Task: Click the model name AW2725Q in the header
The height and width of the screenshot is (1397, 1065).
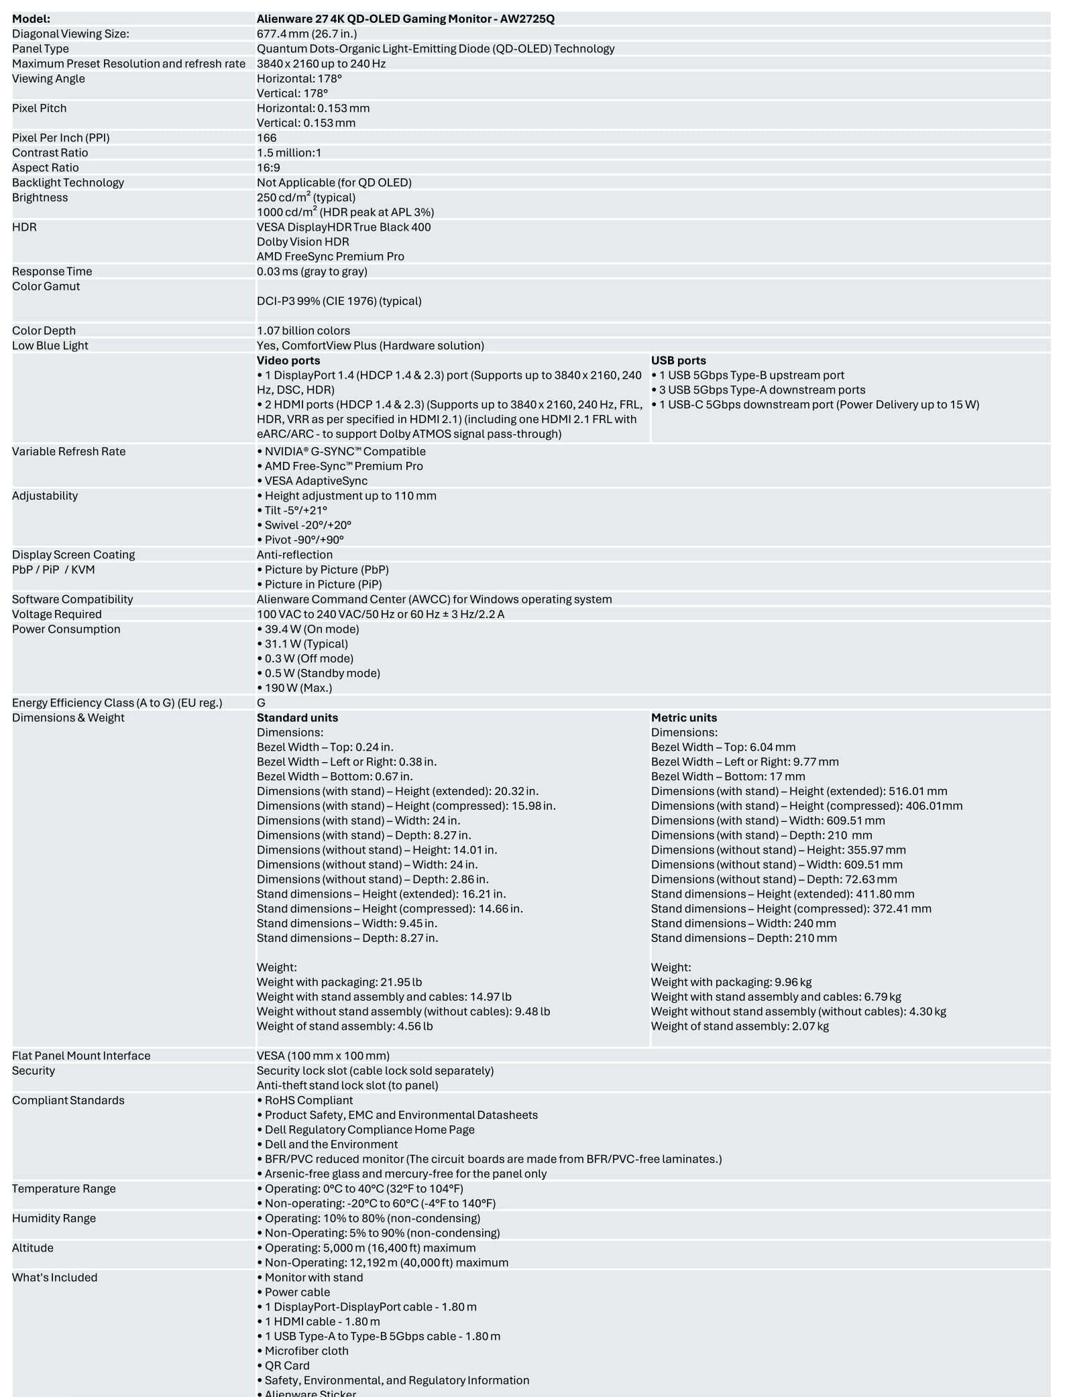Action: click(x=527, y=19)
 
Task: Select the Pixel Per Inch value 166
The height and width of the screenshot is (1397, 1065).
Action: click(x=266, y=138)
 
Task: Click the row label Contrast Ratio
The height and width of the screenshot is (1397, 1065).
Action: click(x=50, y=153)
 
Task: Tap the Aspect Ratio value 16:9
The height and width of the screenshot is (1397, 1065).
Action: click(x=268, y=168)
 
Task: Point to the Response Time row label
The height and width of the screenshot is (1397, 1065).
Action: click(x=52, y=271)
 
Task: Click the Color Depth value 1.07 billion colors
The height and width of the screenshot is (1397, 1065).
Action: click(x=303, y=330)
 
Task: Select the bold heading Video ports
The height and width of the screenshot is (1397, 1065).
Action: click(x=288, y=361)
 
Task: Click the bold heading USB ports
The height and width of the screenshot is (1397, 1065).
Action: click(x=678, y=361)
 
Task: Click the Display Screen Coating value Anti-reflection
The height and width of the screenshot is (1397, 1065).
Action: click(x=294, y=555)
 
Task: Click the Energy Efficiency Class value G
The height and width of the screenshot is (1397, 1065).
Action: click(x=261, y=703)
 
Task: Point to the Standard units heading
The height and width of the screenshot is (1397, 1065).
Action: click(x=297, y=718)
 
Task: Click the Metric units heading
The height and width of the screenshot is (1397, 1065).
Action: click(x=683, y=718)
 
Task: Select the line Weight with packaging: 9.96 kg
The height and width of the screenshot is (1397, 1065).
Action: click(x=731, y=982)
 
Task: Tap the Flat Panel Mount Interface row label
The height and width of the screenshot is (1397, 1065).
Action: click(x=81, y=1056)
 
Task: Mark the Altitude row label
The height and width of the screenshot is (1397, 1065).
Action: click(x=32, y=1248)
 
